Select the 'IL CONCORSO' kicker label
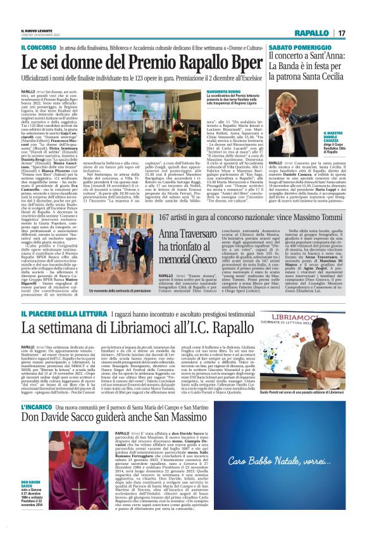point(39,48)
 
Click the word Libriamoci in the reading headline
point(118,329)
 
